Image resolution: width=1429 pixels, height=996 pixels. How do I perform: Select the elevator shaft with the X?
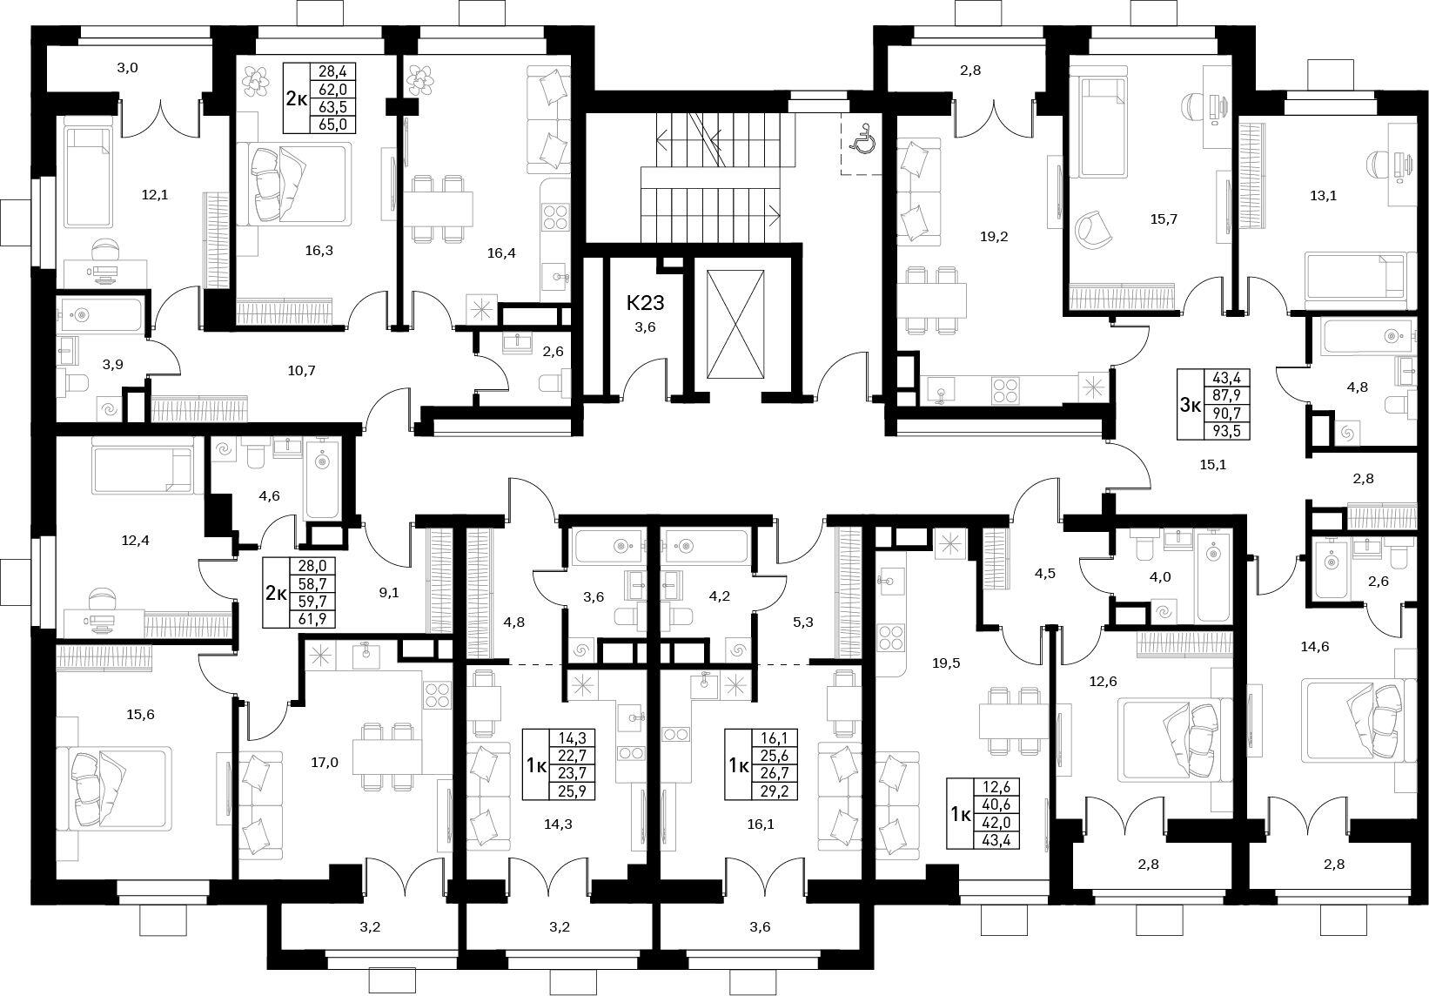[735, 324]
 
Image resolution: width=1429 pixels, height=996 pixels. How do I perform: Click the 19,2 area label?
[994, 237]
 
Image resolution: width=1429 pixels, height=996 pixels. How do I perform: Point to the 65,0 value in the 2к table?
[332, 124]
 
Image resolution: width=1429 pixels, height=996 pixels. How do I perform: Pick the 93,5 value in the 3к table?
[1225, 431]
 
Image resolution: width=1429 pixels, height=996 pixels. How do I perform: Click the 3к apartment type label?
[1190, 405]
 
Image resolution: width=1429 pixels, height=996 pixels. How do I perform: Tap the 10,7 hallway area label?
[301, 371]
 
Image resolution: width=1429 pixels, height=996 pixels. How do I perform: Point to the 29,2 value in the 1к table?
[775, 791]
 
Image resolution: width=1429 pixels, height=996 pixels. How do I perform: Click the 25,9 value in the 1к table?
[573, 791]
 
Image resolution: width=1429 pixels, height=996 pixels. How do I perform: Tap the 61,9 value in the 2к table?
[312, 618]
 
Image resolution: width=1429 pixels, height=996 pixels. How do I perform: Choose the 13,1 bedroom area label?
[1323, 196]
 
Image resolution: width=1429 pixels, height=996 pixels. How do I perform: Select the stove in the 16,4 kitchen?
[554, 216]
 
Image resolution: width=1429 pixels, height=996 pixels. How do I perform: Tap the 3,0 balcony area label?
[128, 68]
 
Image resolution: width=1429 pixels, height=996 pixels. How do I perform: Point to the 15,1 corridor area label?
[1213, 465]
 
